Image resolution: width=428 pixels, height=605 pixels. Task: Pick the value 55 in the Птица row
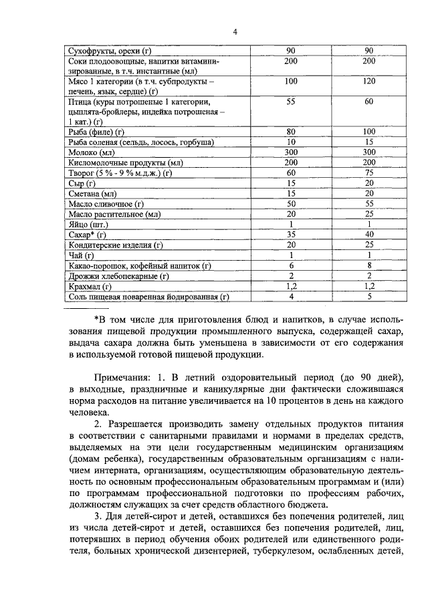point(291,102)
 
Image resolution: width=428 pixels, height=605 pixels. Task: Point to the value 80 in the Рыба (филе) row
point(291,132)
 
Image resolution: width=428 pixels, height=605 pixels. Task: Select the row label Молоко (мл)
point(94,152)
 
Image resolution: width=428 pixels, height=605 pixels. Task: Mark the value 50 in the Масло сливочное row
point(291,203)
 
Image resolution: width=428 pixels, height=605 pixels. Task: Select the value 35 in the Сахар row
point(291,235)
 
